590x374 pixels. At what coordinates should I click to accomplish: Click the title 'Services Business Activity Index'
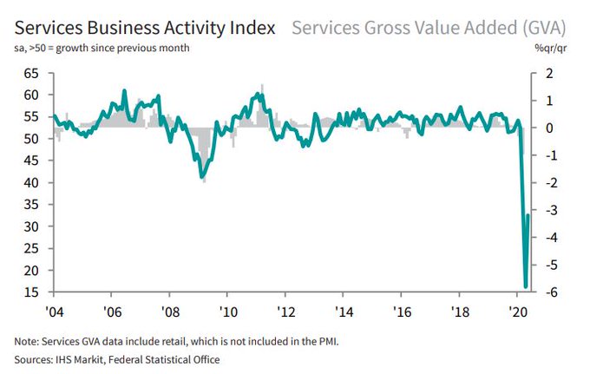140,27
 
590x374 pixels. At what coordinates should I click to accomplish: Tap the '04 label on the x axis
54,311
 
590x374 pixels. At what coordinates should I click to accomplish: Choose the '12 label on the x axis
285,311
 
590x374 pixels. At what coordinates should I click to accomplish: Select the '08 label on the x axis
169,311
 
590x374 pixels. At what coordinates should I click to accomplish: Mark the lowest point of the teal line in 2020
525,285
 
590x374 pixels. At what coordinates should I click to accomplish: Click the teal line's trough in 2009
200,176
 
